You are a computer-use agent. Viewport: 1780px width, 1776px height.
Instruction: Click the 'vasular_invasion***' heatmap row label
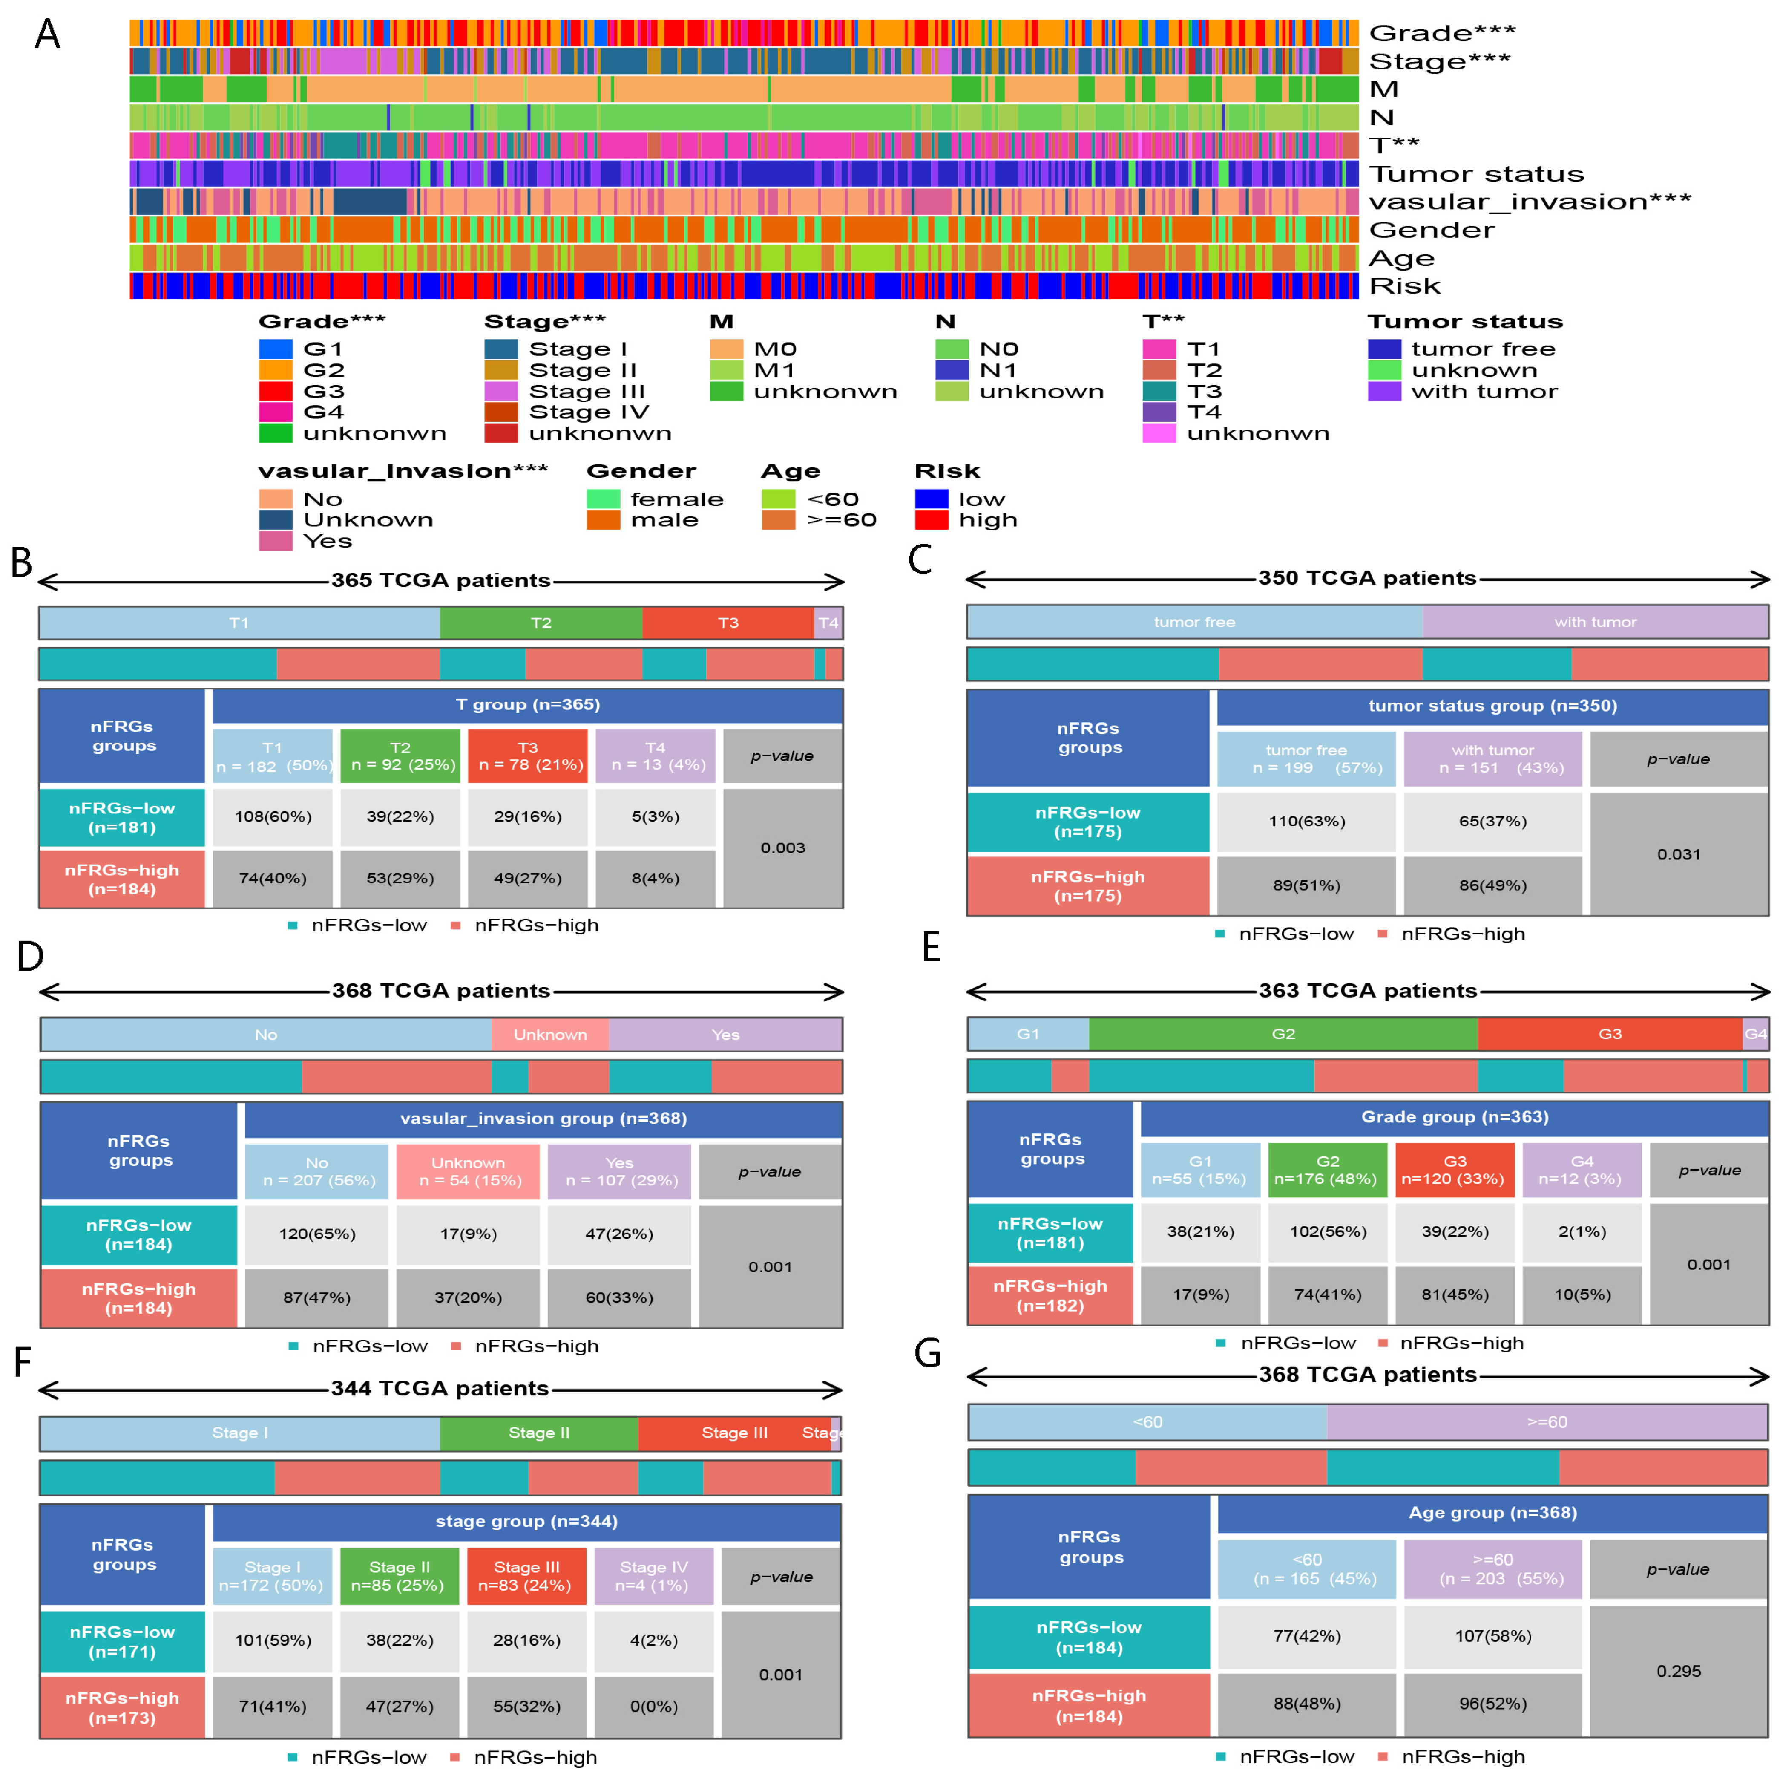1530,202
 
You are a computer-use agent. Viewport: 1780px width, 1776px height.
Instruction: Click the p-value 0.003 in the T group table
782,847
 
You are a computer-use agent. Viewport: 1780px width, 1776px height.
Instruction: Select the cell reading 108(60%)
273,816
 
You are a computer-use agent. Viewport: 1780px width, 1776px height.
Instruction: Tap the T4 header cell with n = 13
655,756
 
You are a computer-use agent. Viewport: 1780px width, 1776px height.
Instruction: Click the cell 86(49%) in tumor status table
1492,885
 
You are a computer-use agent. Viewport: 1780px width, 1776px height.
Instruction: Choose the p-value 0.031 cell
1679,853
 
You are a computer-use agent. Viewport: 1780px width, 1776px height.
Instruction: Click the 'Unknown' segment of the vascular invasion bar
550,1034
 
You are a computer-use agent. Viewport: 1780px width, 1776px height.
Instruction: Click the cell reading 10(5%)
1582,1294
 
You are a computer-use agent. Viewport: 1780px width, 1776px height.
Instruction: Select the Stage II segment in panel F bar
539,1432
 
